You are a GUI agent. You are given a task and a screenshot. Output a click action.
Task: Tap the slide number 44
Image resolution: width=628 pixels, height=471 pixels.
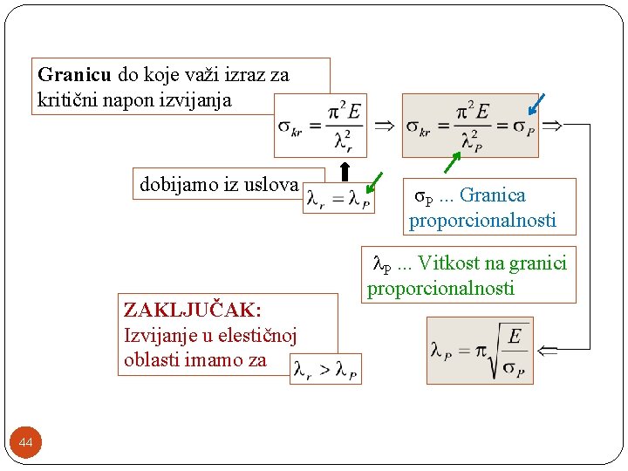26,444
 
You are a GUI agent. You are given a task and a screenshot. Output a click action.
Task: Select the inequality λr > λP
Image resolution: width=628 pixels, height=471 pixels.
325,368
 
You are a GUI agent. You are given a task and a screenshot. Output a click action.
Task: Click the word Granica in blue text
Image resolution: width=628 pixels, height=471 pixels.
493,195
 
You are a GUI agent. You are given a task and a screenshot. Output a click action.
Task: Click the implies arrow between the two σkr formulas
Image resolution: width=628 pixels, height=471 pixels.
384,126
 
